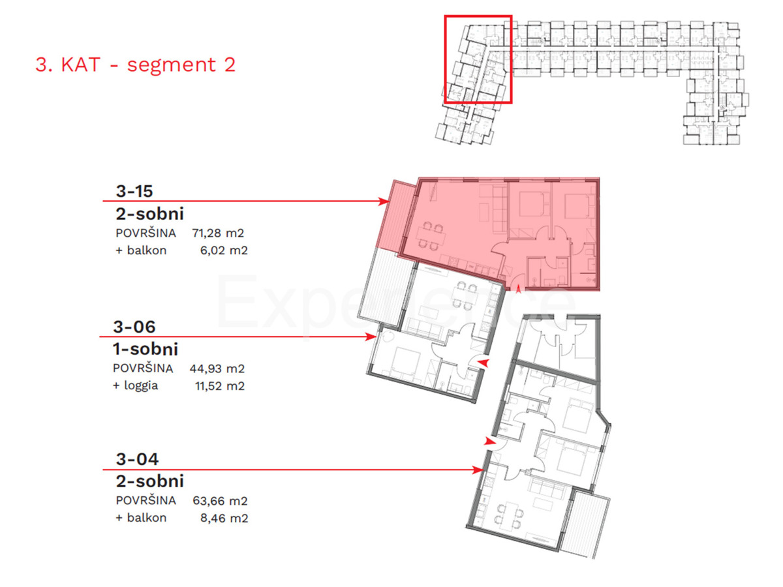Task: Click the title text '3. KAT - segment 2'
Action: coord(135,65)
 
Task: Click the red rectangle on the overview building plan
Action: coord(478,59)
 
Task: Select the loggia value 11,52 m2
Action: coord(220,385)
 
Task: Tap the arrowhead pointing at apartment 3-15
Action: coord(385,202)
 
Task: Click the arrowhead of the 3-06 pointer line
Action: coord(371,337)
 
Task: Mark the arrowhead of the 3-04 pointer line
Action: coord(478,469)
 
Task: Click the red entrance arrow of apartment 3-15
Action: coord(519,290)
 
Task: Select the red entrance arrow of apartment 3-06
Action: coord(483,362)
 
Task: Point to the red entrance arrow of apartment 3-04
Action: coord(489,442)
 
